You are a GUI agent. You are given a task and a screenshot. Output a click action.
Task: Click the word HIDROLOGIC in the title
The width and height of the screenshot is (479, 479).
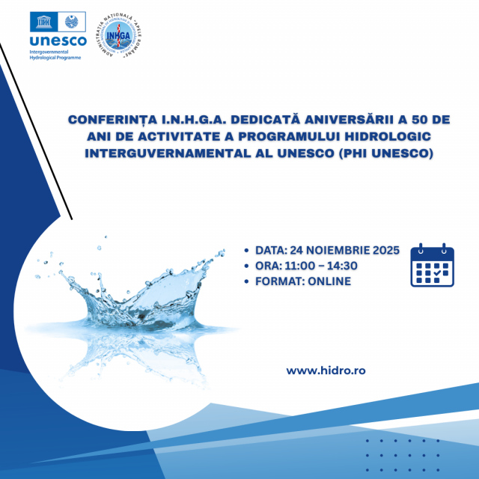point(390,138)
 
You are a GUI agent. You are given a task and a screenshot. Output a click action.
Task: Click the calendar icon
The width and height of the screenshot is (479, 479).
point(433,265)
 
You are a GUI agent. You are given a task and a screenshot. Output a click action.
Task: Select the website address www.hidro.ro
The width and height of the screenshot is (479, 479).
point(326,370)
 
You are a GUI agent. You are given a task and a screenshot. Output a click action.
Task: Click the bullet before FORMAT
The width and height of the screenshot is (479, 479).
point(248,282)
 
